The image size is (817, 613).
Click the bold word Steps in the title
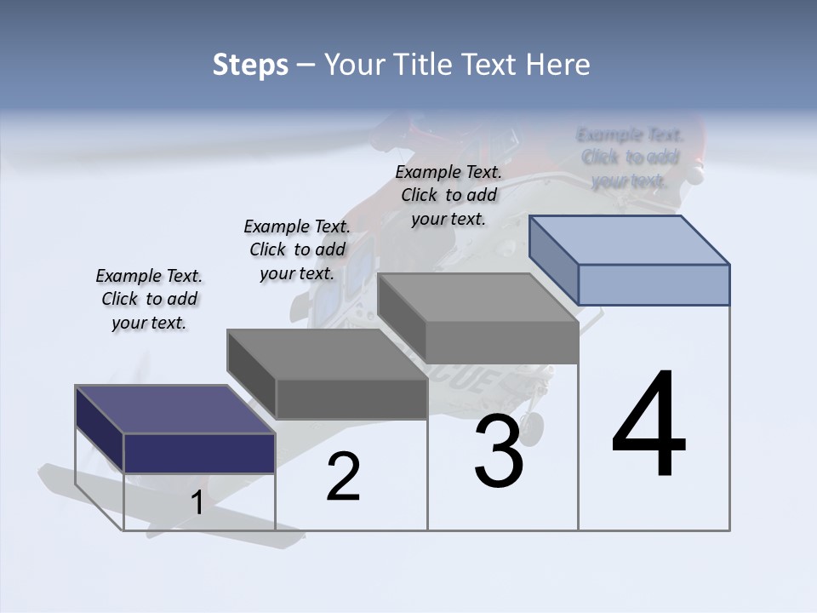[250, 65]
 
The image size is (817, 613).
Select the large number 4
[648, 425]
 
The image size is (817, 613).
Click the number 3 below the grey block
[499, 451]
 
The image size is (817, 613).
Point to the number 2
[343, 477]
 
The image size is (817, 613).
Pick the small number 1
[197, 503]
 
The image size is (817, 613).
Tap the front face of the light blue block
[654, 284]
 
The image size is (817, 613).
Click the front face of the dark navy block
[199, 453]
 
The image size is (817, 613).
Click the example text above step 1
[149, 299]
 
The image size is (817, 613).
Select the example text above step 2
[297, 249]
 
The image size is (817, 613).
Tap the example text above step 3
[448, 195]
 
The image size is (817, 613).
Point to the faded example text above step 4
[630, 158]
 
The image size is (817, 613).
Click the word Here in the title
[557, 65]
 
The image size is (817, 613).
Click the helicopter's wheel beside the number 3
[534, 423]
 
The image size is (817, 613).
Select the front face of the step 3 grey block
[502, 342]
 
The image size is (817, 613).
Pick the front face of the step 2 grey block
[351, 398]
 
